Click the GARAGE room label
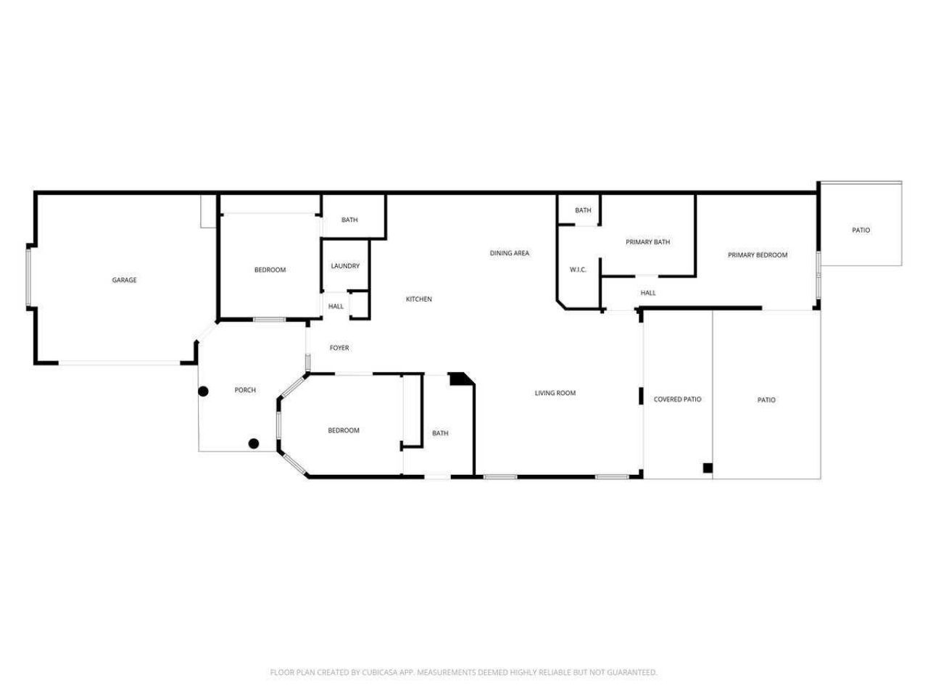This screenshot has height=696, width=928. click(124, 281)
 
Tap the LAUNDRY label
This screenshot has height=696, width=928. click(345, 266)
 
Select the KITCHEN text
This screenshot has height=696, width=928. click(418, 299)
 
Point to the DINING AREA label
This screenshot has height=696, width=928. click(510, 254)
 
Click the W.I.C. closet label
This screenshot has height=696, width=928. click(578, 270)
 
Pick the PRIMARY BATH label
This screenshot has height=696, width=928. click(647, 242)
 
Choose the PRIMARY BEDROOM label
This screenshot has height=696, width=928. click(757, 255)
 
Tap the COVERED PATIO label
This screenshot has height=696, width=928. click(677, 399)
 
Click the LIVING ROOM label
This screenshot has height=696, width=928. click(555, 394)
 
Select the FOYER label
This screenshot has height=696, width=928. click(339, 348)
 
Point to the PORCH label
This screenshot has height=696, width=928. click(245, 391)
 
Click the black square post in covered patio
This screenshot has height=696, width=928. click(707, 468)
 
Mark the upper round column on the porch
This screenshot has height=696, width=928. click(204, 391)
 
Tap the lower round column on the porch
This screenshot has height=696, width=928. click(254, 443)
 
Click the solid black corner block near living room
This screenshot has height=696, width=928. click(459, 378)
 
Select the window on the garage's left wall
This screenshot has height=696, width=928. click(29, 277)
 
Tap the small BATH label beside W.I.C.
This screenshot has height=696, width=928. click(583, 211)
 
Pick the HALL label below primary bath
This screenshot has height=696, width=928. click(647, 294)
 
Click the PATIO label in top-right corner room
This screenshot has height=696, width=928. click(861, 231)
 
